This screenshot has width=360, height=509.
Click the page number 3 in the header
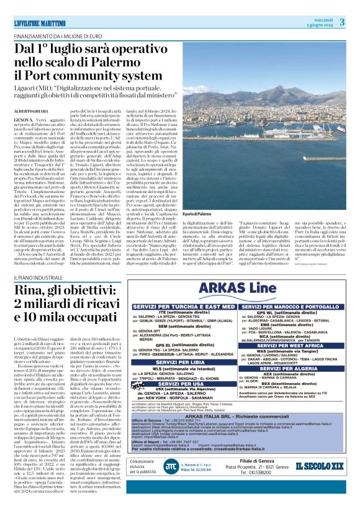coord(342,23)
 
